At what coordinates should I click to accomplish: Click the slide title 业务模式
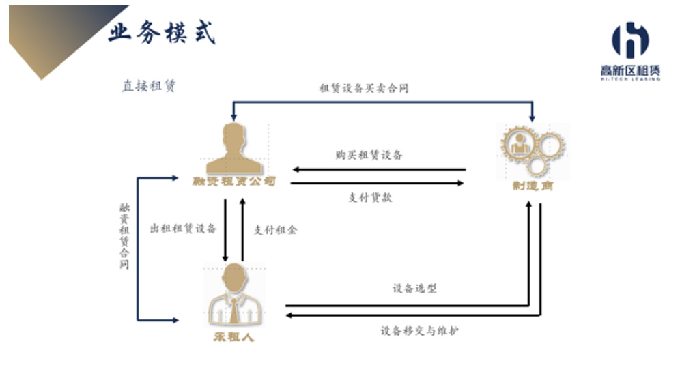[161, 31]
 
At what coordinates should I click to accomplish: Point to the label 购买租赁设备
[369, 155]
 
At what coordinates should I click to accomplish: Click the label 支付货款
[370, 198]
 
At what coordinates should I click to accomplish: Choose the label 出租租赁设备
[183, 229]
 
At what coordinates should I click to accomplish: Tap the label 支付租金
[275, 230]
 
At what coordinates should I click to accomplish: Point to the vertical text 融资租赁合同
[124, 235]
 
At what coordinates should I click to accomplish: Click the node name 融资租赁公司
[234, 182]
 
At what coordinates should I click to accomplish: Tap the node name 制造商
[532, 186]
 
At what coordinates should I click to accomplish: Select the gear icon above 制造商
[533, 150]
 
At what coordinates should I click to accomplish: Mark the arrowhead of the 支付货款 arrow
[462, 183]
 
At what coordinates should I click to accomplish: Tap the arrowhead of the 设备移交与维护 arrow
[289, 315]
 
